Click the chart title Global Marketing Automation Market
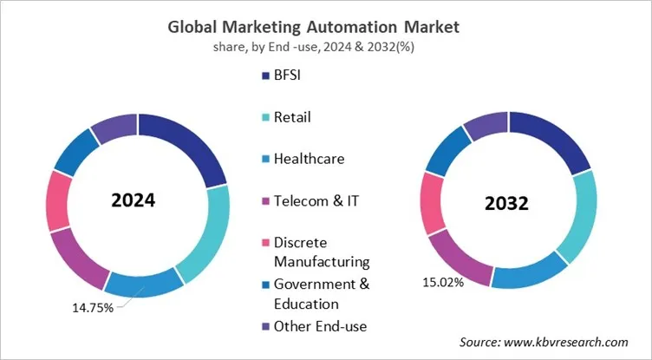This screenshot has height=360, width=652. tap(325, 27)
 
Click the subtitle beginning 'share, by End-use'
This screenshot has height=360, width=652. tap(325, 47)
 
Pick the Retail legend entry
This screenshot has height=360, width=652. tap(292, 117)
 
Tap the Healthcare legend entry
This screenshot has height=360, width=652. tap(308, 159)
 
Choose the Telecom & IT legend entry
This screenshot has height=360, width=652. tap(315, 200)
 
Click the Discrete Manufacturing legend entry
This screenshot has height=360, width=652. tap(321, 251)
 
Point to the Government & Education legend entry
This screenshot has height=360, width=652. tap(321, 293)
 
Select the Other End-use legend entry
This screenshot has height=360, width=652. tap(319, 326)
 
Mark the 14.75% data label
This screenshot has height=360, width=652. tap(91, 309)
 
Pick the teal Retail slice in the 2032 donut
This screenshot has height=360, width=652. tap(577, 217)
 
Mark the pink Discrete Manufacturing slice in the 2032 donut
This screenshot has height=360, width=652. tap(433, 203)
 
